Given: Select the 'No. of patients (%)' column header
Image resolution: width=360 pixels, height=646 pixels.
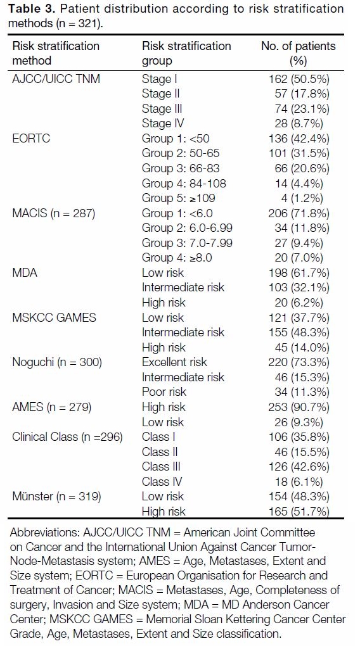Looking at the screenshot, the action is coord(298,53).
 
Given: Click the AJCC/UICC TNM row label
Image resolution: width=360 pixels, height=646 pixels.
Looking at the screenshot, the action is coord(56,79).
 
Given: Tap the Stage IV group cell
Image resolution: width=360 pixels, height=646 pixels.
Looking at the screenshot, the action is coord(163,123).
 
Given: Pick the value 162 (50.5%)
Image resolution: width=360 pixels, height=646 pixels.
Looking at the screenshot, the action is coord(299,79).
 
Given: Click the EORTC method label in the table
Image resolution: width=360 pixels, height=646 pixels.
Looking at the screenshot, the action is coord(31,138).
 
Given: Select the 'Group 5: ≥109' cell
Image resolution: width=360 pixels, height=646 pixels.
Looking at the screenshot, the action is coord(179,198).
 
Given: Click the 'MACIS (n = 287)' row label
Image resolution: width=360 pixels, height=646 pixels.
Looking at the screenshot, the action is coord(54,213).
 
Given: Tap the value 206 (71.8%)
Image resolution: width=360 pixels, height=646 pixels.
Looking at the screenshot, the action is coord(299,213).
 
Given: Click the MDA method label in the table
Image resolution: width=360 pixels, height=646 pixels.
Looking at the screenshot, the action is coord(25,273).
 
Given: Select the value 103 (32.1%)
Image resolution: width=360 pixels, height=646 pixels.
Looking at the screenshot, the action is coord(299,288).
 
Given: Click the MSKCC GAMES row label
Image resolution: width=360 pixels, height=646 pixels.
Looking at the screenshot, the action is coord(54,318).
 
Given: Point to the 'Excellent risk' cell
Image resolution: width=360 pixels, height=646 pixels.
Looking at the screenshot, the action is coord(174,362).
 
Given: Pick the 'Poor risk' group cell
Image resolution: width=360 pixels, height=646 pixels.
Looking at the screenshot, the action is coord(164,392).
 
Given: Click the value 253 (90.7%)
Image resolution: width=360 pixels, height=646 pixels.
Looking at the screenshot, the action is coord(299,407).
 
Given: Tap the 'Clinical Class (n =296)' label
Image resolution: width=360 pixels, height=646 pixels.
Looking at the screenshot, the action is coord(68,437).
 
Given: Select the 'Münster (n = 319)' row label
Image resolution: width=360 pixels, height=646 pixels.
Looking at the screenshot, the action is coord(56,496).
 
